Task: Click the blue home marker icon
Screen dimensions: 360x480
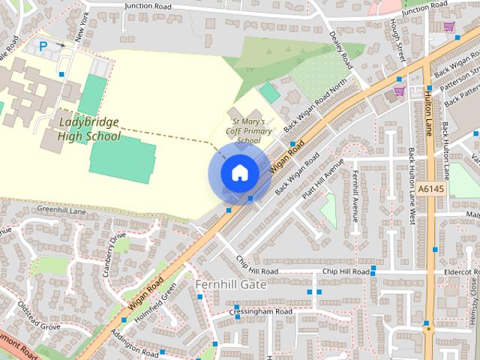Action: (239, 172)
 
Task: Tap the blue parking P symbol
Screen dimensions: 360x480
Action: (43, 46)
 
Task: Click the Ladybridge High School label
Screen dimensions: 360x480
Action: (88, 128)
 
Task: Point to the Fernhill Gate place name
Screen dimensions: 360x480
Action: (230, 285)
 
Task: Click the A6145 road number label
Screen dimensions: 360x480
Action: (432, 189)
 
